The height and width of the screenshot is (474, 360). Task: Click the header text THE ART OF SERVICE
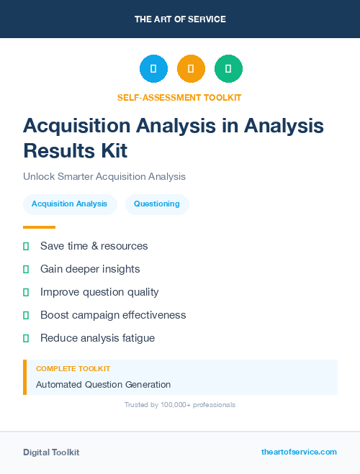[x=180, y=19]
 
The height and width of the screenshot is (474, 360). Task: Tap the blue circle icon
[x=153, y=68]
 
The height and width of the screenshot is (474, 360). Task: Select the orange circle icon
[x=191, y=68]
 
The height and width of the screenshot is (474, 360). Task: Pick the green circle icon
[x=228, y=68]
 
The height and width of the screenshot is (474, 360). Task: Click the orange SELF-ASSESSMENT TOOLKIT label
[x=180, y=97]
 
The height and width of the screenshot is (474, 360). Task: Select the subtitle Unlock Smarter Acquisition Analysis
[x=104, y=176]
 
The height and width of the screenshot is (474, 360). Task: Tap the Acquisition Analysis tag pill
[x=69, y=204]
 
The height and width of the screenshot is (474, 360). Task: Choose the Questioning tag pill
[x=157, y=204]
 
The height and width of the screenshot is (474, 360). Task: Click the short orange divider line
[x=39, y=227]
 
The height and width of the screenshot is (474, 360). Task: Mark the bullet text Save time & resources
[x=94, y=246]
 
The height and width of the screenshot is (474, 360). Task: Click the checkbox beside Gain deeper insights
[x=26, y=269]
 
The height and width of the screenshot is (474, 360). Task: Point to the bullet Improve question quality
[x=99, y=292]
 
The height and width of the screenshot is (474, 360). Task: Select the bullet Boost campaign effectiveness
[x=113, y=315]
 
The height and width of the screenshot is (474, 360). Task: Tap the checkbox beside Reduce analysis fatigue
[x=26, y=338]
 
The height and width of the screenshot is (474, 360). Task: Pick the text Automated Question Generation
[x=103, y=384]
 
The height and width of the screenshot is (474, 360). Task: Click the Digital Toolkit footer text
[x=51, y=452]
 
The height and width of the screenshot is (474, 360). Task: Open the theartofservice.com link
[x=299, y=452]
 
